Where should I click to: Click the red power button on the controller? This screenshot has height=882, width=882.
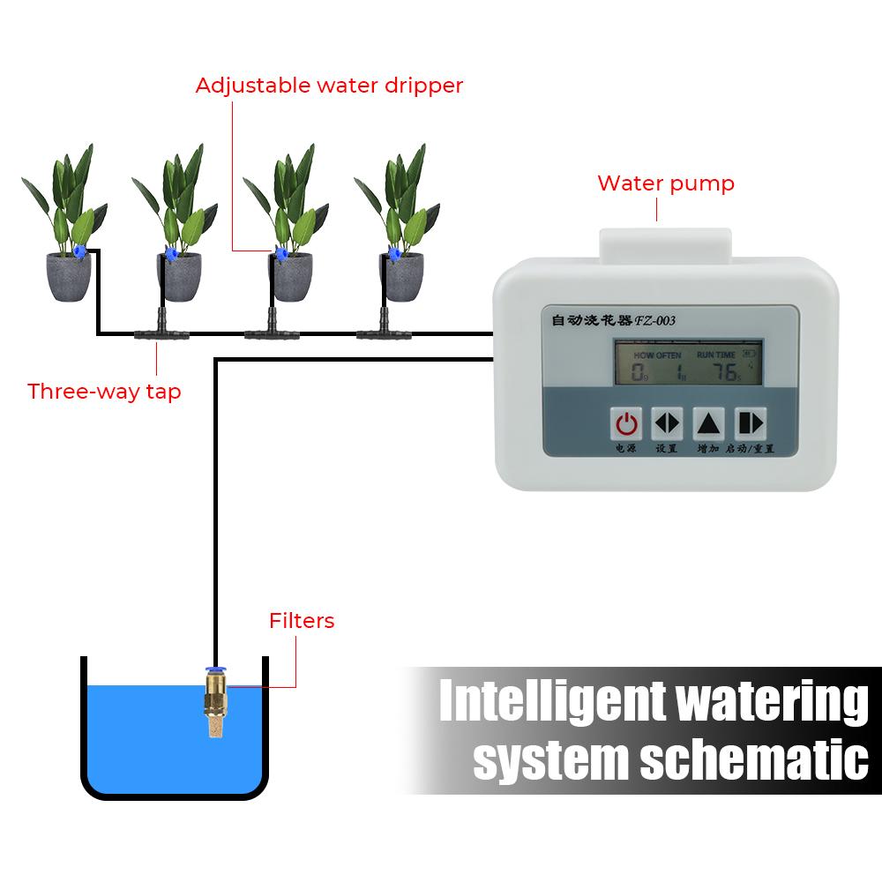626,423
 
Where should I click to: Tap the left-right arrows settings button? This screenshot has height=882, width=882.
668,423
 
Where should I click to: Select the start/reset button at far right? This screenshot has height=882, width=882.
751,423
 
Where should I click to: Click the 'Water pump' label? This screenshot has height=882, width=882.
666,183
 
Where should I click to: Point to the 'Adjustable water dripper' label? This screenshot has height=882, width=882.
329,86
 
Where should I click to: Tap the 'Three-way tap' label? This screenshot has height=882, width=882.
104,392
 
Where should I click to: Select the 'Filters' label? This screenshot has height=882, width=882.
302,621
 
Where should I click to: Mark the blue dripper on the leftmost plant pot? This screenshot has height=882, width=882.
80,253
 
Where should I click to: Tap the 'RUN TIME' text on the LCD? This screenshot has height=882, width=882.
715,355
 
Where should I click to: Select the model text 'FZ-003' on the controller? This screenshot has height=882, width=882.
654,321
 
